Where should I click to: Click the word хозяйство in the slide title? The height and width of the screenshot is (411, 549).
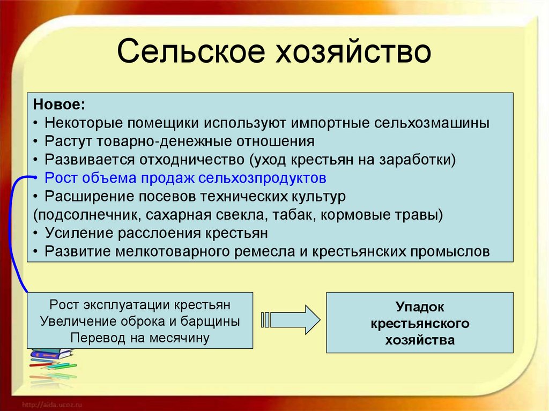[x=352, y=53]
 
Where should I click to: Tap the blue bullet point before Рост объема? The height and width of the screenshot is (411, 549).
[x=35, y=178]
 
